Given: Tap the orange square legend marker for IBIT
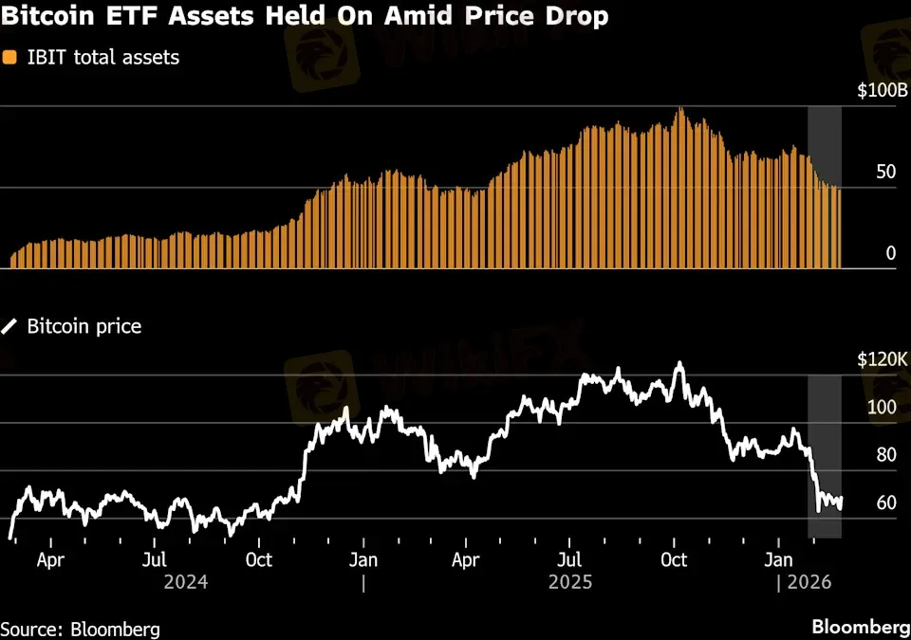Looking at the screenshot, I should pyautogui.click(x=9, y=58).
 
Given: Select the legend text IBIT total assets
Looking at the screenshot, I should pyautogui.click(x=102, y=58).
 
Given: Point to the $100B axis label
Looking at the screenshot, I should pyautogui.click(x=883, y=93).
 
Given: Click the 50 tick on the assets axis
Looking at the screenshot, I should pyautogui.click(x=884, y=173).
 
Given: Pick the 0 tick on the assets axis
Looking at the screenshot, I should pyautogui.click(x=890, y=253).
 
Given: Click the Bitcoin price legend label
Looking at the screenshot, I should pyautogui.click(x=84, y=326).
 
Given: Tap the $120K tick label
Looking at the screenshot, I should pyautogui.click(x=883, y=360).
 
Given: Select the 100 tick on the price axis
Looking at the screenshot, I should pyautogui.click(x=882, y=408).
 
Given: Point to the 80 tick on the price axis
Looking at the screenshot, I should pyautogui.click(x=885, y=455).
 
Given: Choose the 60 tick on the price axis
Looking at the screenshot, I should pyautogui.click(x=885, y=503).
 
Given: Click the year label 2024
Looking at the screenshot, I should pyautogui.click(x=186, y=582).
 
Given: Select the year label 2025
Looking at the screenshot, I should pyautogui.click(x=570, y=582).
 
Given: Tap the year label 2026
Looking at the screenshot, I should pyautogui.click(x=809, y=582).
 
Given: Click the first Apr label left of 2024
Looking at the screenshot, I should pyautogui.click(x=50, y=559).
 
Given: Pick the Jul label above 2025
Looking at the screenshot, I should pyautogui.click(x=569, y=559).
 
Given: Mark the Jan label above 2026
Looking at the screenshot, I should pyautogui.click(x=779, y=559).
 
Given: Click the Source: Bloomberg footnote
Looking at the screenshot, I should pyautogui.click(x=80, y=629).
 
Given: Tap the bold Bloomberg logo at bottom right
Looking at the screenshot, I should pyautogui.click(x=861, y=628).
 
